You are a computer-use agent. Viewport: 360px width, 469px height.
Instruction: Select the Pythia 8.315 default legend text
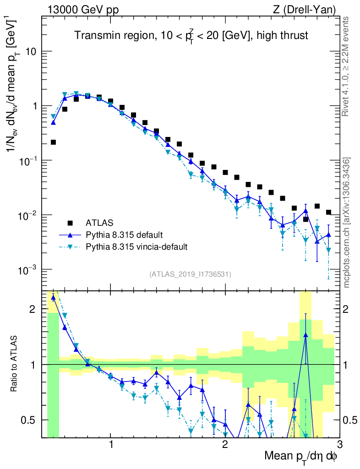tap(124, 235)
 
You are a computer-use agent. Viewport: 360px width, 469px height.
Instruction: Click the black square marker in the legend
tap(70, 223)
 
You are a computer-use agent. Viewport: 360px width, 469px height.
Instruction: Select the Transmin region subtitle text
tap(191, 35)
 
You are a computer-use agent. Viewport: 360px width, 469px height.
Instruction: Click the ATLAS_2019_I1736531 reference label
tap(190, 274)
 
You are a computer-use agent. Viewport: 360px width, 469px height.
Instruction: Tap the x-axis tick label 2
tap(225, 445)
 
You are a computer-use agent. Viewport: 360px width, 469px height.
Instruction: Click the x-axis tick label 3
tap(339, 445)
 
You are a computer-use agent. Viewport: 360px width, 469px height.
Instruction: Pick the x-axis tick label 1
tap(111, 445)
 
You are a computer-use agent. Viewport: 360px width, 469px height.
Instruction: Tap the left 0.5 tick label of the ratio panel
tap(29, 420)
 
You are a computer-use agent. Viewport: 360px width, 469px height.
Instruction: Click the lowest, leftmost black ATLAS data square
tap(54, 142)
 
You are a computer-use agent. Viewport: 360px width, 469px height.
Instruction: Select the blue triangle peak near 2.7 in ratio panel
tap(305, 335)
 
